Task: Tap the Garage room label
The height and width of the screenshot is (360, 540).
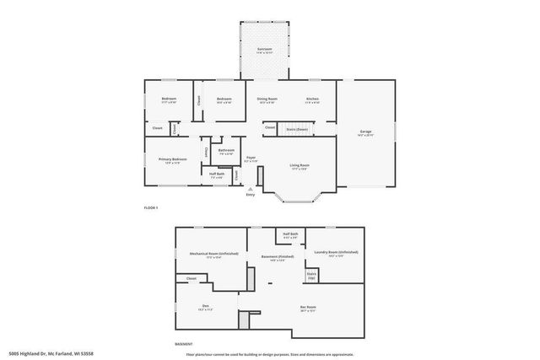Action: tap(366, 132)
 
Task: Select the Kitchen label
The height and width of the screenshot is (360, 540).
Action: tap(312, 99)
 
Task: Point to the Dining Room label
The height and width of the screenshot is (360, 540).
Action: tap(267, 99)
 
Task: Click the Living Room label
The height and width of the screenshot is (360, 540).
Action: tap(300, 165)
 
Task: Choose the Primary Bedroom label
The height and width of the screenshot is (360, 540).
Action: tap(172, 159)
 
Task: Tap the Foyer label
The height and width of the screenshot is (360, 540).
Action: tap(251, 158)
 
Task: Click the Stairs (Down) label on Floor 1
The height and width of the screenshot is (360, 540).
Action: tap(297, 129)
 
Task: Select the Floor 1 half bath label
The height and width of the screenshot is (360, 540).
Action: tap(217, 175)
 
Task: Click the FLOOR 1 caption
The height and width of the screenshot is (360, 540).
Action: tap(151, 207)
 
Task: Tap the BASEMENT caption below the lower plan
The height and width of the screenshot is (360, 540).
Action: tap(183, 344)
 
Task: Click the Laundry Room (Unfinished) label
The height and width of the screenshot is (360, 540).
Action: tap(336, 254)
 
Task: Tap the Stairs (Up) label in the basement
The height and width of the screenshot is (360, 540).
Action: tap(311, 274)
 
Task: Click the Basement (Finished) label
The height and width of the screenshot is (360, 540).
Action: tap(278, 256)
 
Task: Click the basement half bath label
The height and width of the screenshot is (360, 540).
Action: tap(290, 234)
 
